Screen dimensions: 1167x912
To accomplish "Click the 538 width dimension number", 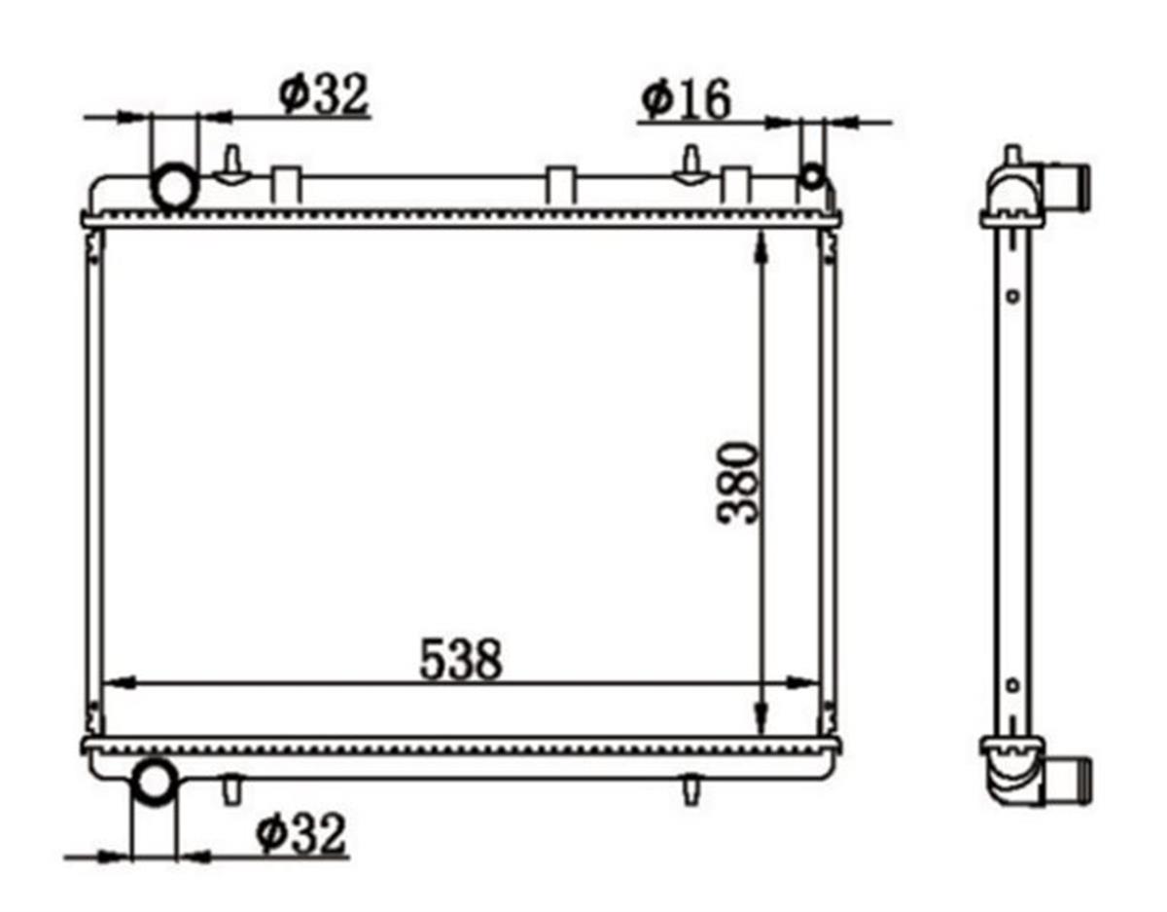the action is (460, 659).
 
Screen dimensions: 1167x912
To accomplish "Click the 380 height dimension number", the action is (738, 482).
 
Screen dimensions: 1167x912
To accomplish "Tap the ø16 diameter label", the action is (686, 99).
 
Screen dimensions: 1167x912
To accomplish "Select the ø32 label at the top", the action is (325, 94).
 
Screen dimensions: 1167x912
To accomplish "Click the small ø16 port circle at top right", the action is (812, 177).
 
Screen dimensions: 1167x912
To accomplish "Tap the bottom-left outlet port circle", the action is (155, 783).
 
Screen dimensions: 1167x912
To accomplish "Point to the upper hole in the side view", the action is (1012, 296).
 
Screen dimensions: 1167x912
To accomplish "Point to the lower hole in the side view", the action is (1012, 685).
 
